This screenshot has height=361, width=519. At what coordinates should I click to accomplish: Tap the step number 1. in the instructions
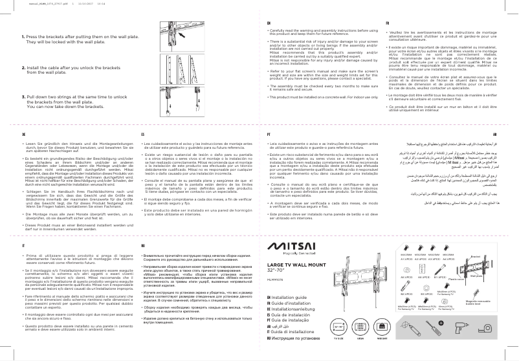click(24, 38)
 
